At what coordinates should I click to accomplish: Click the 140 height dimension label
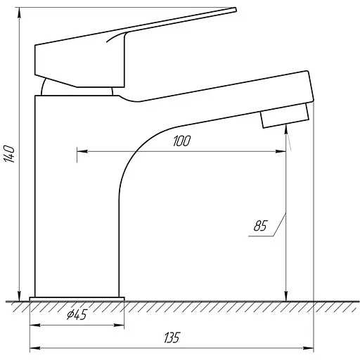[x=9, y=154]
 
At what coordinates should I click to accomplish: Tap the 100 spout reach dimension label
[x=181, y=141]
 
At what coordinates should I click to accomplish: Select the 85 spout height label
[x=260, y=226]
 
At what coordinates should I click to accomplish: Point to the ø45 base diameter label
[x=77, y=314]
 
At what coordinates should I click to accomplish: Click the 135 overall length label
[x=172, y=337]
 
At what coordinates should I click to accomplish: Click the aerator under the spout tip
[x=285, y=116]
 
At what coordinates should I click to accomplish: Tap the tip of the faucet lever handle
[x=236, y=9]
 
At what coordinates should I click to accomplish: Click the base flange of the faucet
[x=77, y=299]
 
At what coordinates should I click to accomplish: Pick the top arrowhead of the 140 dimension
[x=19, y=13]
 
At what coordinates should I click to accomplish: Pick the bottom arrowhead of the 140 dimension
[x=19, y=295]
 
